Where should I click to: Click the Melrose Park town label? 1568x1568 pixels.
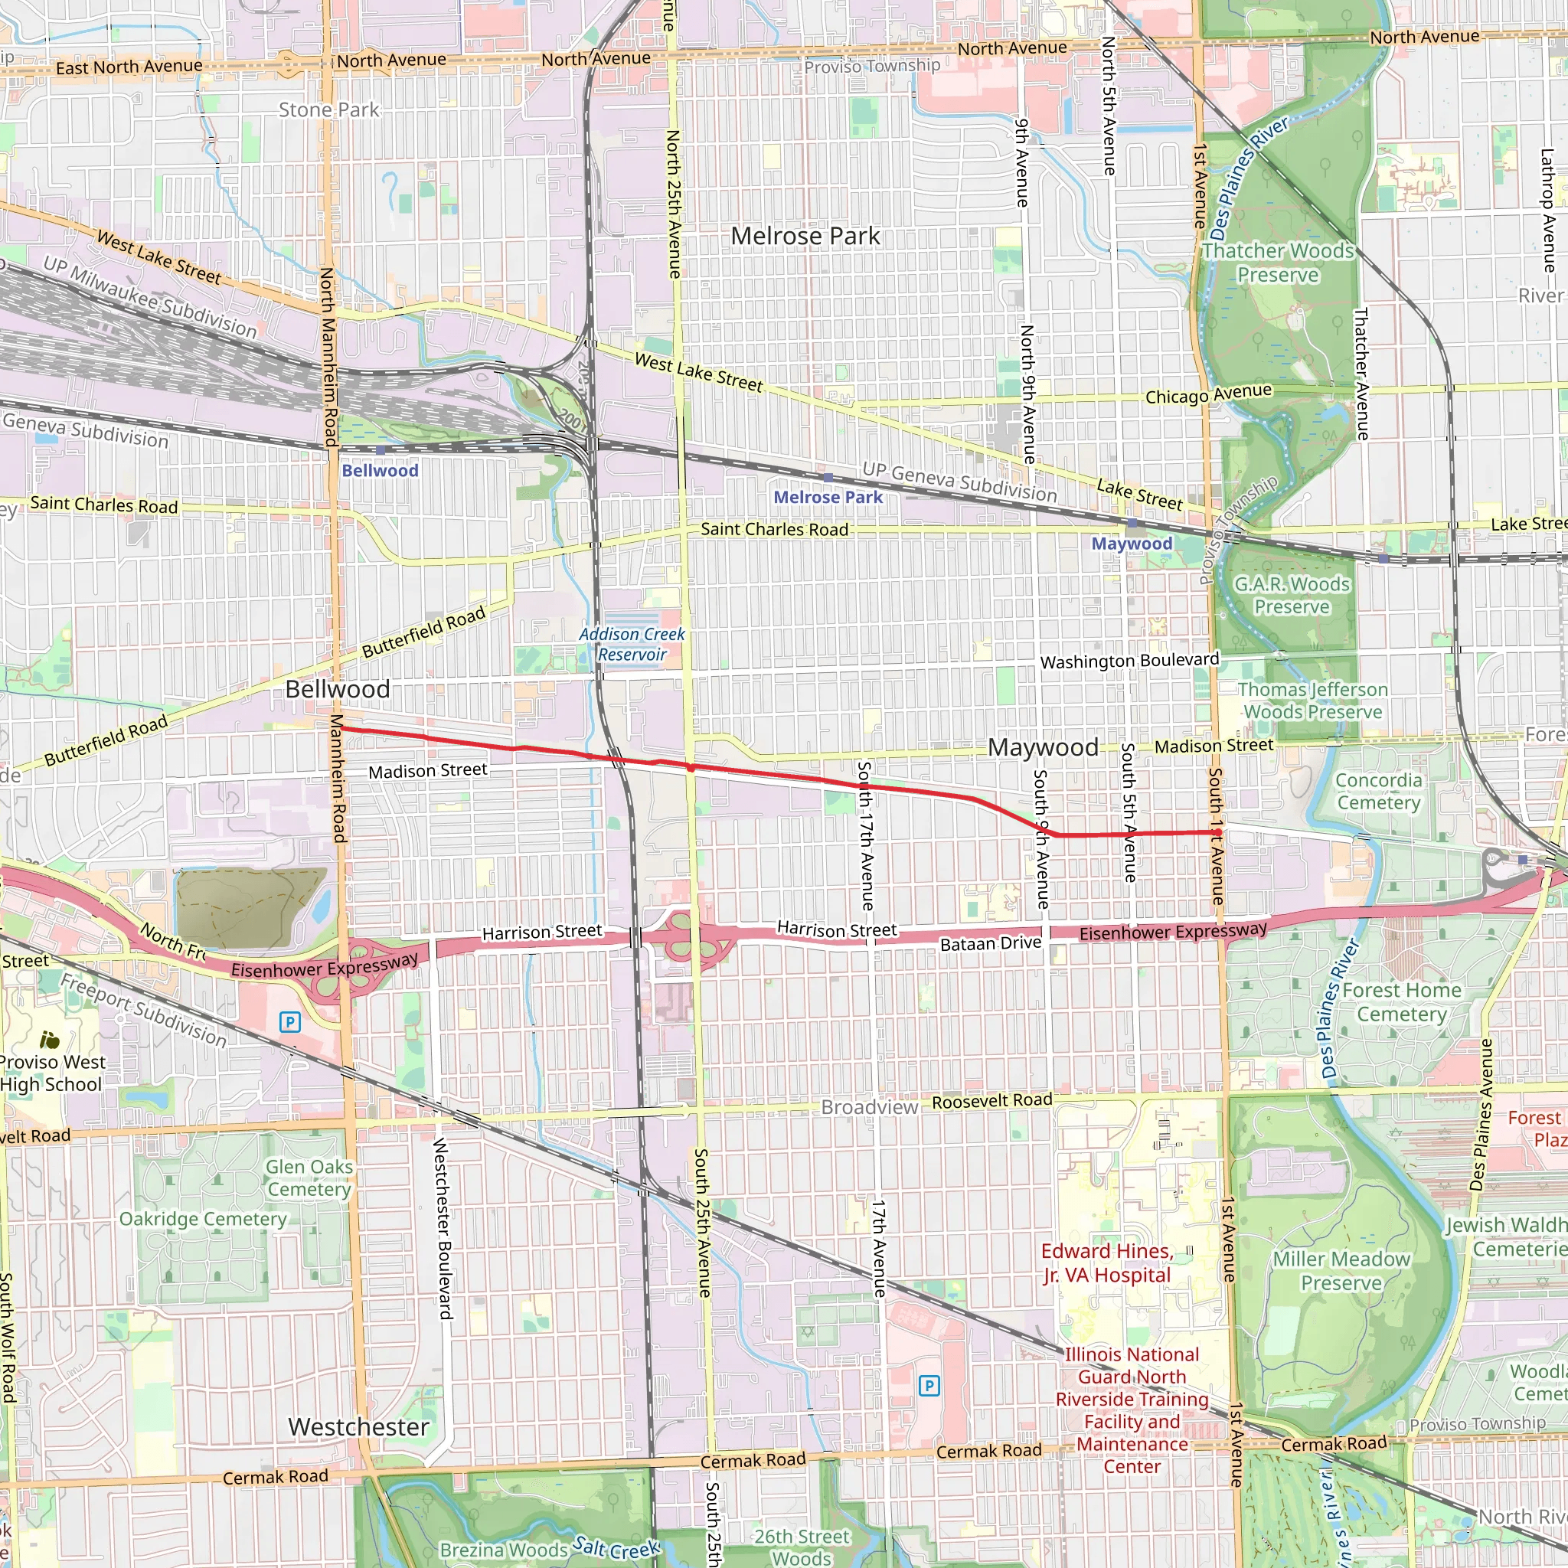click(805, 236)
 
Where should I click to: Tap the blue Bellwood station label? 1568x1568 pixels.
click(380, 471)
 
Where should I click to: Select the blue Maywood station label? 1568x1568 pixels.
click(1132, 544)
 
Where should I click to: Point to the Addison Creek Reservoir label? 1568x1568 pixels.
click(632, 645)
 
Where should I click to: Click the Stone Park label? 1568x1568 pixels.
click(328, 109)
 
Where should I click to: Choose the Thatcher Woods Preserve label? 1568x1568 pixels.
click(1278, 263)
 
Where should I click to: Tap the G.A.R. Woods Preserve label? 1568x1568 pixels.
click(1292, 595)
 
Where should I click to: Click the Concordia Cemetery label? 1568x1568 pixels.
click(1379, 792)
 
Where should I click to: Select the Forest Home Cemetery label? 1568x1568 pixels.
click(1402, 1001)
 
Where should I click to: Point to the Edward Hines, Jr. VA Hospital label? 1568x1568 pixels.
click(1107, 1263)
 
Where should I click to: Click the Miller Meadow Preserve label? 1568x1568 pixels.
click(1341, 1271)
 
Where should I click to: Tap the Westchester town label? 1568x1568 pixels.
click(359, 1427)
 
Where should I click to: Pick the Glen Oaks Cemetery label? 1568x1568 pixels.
click(309, 1178)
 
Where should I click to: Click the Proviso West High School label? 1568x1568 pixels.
click(51, 1073)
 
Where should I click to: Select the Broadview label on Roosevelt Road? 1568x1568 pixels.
click(869, 1107)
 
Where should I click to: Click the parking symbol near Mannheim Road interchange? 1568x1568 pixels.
click(289, 1022)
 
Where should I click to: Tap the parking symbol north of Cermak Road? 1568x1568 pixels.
click(929, 1385)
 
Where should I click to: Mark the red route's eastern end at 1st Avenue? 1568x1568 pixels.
click(1218, 833)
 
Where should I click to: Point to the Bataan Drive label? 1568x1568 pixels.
click(990, 943)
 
